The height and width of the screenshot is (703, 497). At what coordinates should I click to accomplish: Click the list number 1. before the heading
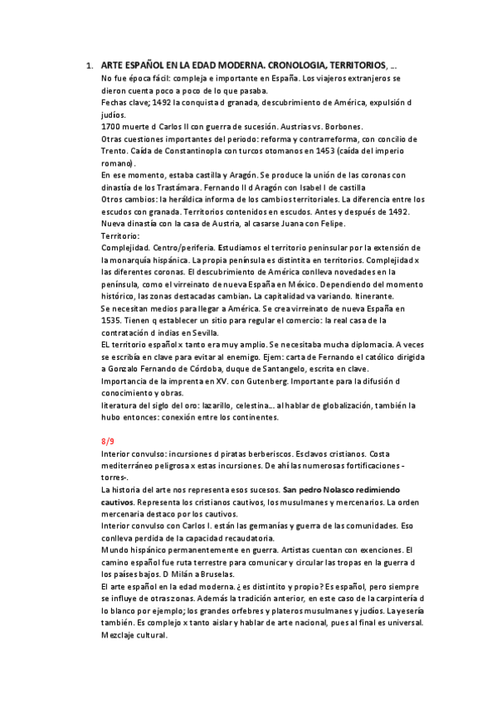pyautogui.click(x=89, y=65)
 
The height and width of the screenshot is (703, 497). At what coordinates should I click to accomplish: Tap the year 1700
pyautogui.click(x=111, y=127)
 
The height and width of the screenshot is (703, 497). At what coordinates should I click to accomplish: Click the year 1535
pyautogui.click(x=113, y=319)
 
